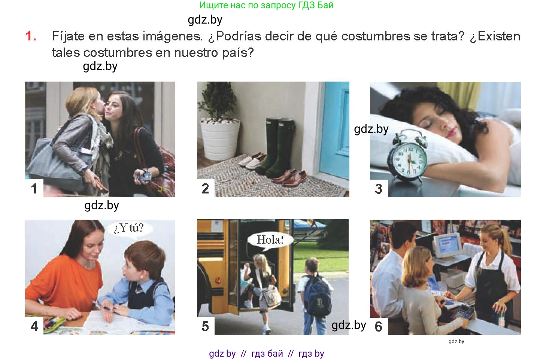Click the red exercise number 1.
click(31, 36)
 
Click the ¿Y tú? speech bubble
click(129, 228)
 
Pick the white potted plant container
click(219, 139)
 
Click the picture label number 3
click(378, 189)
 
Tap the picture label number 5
click(205, 326)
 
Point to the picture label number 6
click(378, 326)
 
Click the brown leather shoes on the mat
click(289, 177)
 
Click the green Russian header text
click(266, 5)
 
